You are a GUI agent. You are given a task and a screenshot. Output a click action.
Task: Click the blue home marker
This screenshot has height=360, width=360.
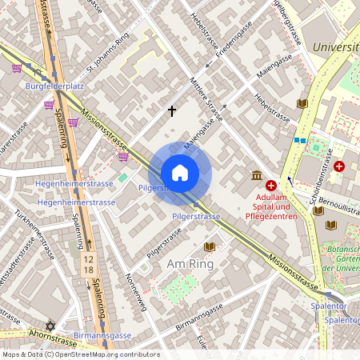pyautogui.click(x=180, y=173)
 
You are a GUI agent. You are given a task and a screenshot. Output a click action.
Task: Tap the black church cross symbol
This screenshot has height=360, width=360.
pyautogui.click(x=171, y=110)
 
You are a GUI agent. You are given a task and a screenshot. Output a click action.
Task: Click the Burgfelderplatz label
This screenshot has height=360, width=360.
pyautogui.click(x=55, y=85)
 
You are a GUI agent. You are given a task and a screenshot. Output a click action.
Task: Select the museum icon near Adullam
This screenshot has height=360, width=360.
pyautogui.click(x=255, y=175)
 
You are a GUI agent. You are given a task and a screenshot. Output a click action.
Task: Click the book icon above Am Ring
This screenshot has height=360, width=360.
pyautogui.click(x=210, y=246)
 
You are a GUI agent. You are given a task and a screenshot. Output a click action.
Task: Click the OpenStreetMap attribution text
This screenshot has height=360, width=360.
pyautogui.click(x=80, y=354)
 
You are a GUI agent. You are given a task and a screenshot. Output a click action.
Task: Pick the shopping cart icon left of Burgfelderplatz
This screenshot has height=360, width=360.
pyautogui.click(x=18, y=69)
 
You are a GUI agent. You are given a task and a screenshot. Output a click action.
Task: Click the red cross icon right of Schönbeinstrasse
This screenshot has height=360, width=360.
pyautogui.click(x=340, y=166)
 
